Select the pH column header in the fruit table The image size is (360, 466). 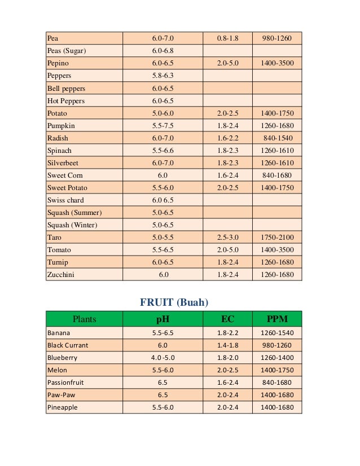click(x=163, y=319)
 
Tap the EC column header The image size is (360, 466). click(x=227, y=319)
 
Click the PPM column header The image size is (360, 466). click(x=276, y=319)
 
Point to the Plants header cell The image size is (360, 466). click(x=84, y=319)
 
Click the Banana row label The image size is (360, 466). click(x=58, y=333)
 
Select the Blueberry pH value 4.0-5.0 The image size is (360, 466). click(x=163, y=358)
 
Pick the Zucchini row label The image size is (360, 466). click(x=61, y=275)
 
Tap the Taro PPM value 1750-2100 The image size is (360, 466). click(x=277, y=238)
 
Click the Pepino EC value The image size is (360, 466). click(x=228, y=63)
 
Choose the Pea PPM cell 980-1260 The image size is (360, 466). click(x=277, y=38)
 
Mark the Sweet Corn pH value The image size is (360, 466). click(x=163, y=175)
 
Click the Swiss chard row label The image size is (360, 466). click(x=65, y=200)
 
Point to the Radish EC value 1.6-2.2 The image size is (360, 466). click(x=228, y=138)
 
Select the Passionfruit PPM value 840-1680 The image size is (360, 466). click(x=276, y=383)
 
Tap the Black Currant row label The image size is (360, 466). click(x=68, y=345)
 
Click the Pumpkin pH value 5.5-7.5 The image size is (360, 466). click(x=163, y=126)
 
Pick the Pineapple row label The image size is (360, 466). click(x=63, y=407)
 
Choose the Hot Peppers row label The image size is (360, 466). click(x=66, y=101)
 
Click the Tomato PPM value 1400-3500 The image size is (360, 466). click(x=277, y=250)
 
